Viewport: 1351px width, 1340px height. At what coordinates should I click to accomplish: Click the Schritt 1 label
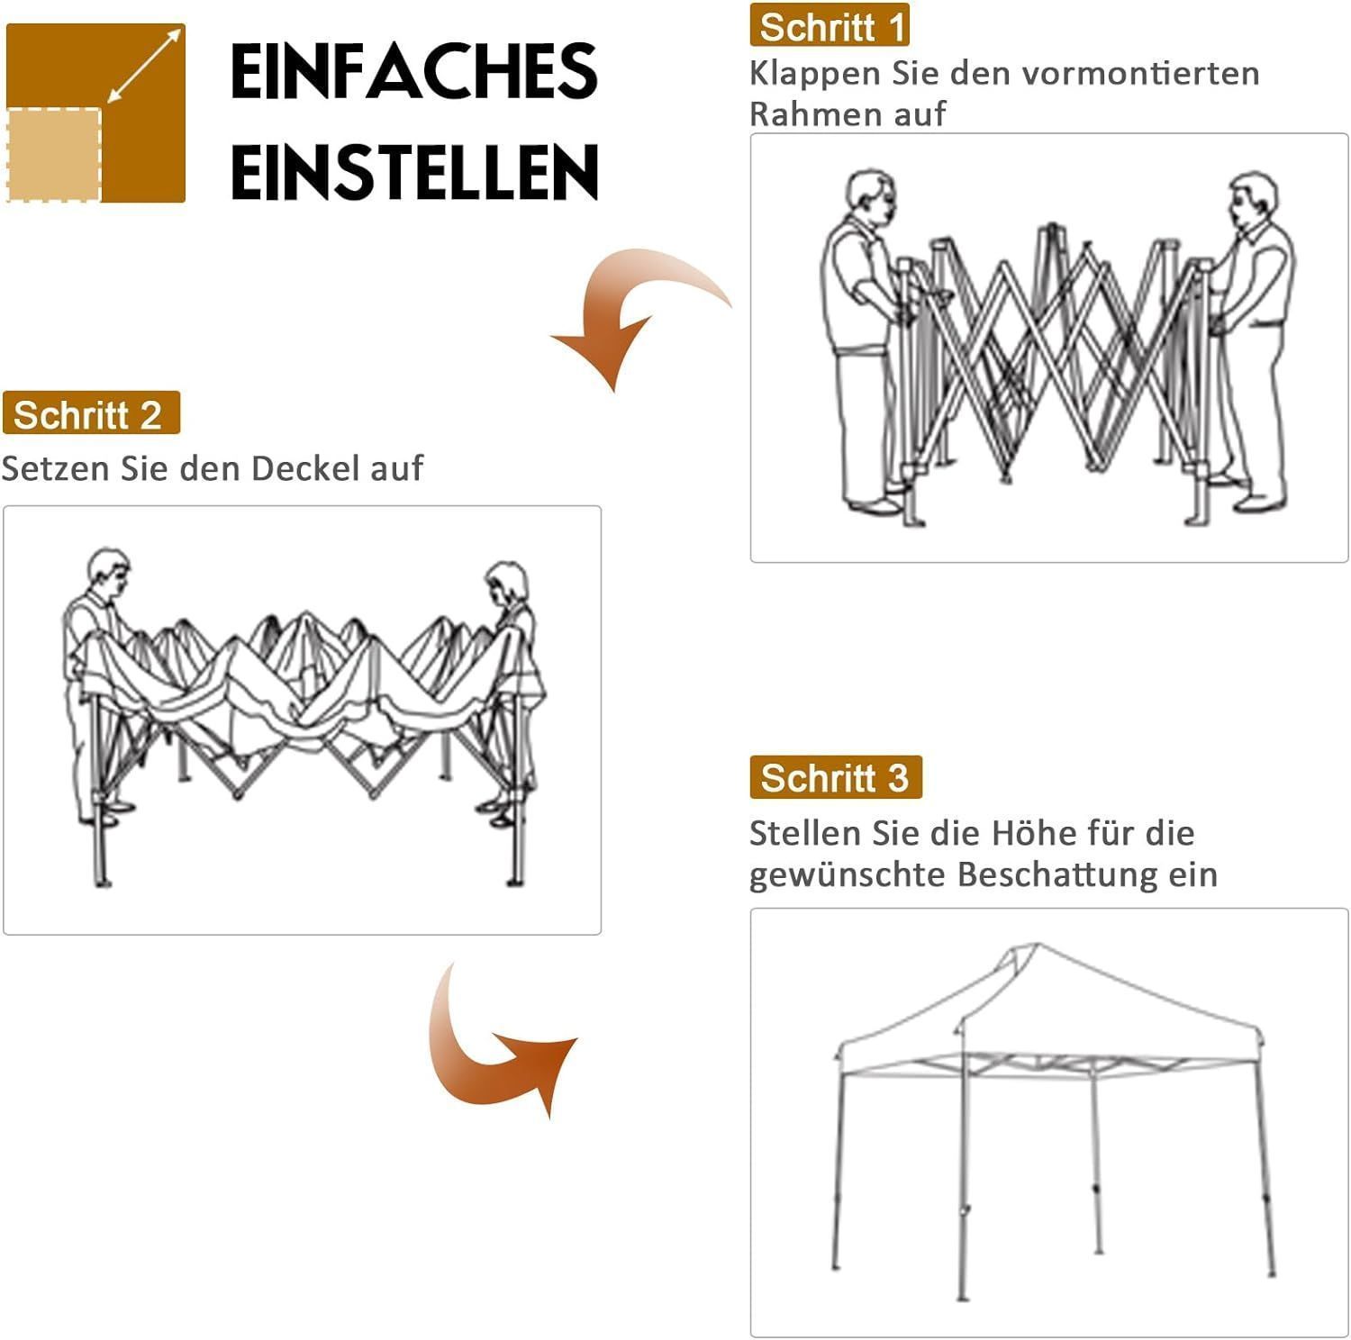pyautogui.click(x=830, y=25)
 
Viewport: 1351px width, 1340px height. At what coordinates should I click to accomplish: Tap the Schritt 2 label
pyautogui.click(x=91, y=413)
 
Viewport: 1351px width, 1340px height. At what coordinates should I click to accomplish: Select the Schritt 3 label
pyautogui.click(x=836, y=777)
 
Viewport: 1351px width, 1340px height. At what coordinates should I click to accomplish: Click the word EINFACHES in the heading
pyautogui.click(x=414, y=71)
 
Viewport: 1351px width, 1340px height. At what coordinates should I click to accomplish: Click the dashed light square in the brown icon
pyautogui.click(x=54, y=154)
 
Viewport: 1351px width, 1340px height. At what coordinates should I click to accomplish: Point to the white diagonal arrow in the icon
pyautogui.click(x=145, y=65)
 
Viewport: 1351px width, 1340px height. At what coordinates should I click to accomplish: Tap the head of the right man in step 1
pyautogui.click(x=1253, y=204)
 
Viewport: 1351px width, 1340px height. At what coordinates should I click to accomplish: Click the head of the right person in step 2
pyautogui.click(x=506, y=584)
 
